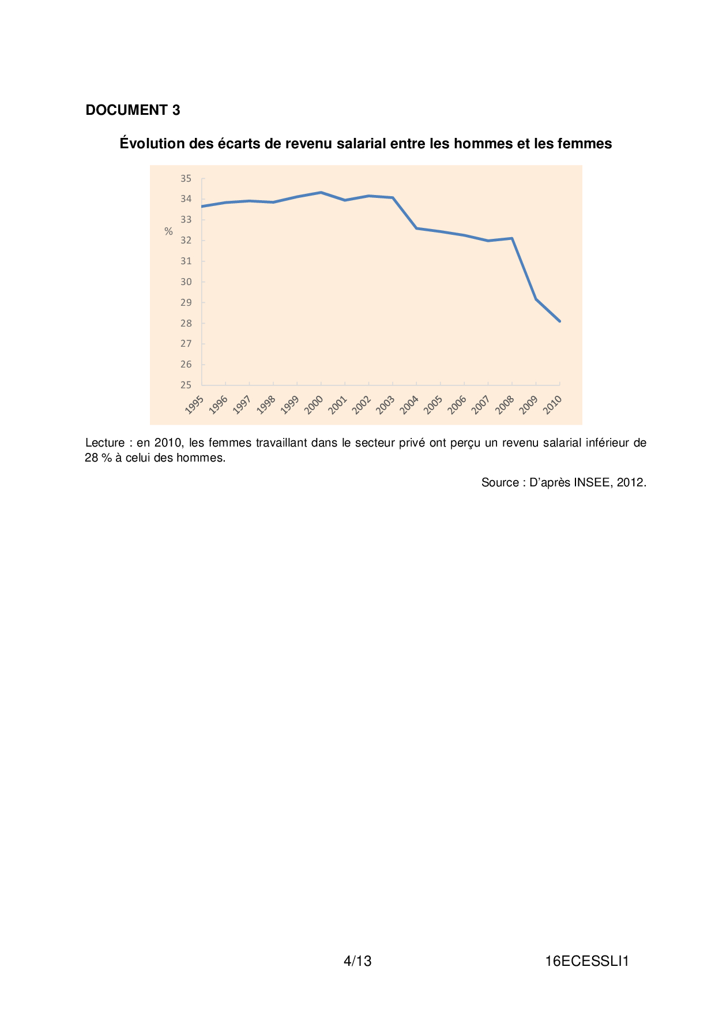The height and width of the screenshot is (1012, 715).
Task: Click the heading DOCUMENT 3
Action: (x=133, y=110)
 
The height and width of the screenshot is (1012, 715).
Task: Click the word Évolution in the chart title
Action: (x=152, y=144)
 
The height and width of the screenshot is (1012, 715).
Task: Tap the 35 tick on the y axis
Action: (x=186, y=179)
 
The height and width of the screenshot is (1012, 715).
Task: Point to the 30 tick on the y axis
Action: (x=186, y=282)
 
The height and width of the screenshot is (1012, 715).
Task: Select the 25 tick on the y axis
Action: (x=186, y=385)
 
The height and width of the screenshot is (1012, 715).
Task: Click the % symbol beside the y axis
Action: (x=168, y=232)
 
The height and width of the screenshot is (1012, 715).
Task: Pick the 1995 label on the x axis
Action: (x=195, y=405)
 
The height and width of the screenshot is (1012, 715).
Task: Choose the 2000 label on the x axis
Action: (x=314, y=405)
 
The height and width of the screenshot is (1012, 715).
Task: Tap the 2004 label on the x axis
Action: (x=409, y=405)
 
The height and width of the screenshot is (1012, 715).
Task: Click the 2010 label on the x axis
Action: (x=552, y=405)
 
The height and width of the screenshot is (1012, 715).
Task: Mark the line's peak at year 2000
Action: (x=321, y=193)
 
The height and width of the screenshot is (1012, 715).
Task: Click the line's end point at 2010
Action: (x=560, y=321)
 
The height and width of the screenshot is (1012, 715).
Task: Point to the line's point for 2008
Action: (x=512, y=238)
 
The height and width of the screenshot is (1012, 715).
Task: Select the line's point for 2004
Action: (x=417, y=228)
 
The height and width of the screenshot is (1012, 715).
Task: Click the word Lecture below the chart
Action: (x=105, y=443)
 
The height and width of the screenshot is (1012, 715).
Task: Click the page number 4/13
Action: (x=357, y=961)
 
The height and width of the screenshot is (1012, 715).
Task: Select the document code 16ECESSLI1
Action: (x=587, y=961)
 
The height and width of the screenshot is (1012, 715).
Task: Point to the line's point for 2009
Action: (x=536, y=299)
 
